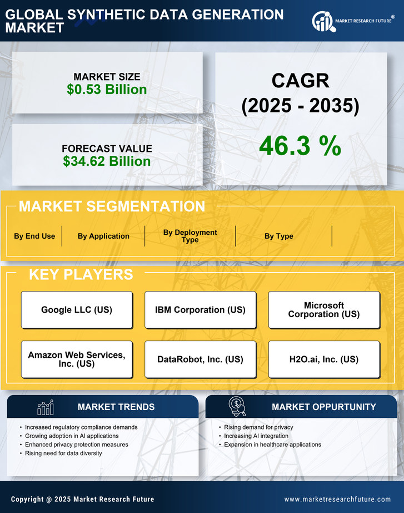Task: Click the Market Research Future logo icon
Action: pyautogui.click(x=322, y=22)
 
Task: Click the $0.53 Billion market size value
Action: pyautogui.click(x=107, y=90)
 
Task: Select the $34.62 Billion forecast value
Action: pyautogui.click(x=107, y=161)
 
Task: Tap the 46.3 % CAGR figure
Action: pyautogui.click(x=300, y=146)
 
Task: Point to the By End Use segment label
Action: pyautogui.click(x=34, y=236)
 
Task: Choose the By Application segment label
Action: pyautogui.click(x=103, y=236)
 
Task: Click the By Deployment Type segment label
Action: pyautogui.click(x=190, y=236)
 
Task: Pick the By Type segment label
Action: pyautogui.click(x=278, y=236)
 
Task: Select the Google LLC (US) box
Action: pyautogui.click(x=77, y=310)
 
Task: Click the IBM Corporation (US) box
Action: pyautogui.click(x=200, y=310)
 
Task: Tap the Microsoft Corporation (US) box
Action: pyautogui.click(x=324, y=310)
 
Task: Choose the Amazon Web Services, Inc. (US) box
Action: pyautogui.click(x=77, y=359)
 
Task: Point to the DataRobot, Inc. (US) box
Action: pyautogui.click(x=200, y=359)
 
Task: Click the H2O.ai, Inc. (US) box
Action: pyautogui.click(x=324, y=359)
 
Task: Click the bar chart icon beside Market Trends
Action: pyautogui.click(x=45, y=407)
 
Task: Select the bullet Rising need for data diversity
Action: pyautogui.click(x=63, y=453)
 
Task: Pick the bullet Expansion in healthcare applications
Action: pyautogui.click(x=272, y=445)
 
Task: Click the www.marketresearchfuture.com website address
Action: pyautogui.click(x=337, y=499)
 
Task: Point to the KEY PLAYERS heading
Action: pyautogui.click(x=81, y=274)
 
